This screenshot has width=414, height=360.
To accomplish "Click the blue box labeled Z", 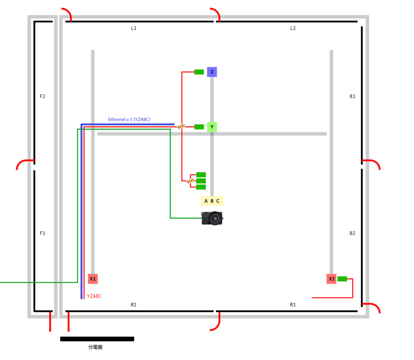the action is coord(212,72).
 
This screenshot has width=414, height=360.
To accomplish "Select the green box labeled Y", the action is coord(212,127).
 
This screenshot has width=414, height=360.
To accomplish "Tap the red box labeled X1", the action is coord(93,279).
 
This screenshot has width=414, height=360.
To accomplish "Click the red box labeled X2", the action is coord(331,279).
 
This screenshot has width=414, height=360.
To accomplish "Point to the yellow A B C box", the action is coord(212,201).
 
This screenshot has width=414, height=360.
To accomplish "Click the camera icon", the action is coord(212,218).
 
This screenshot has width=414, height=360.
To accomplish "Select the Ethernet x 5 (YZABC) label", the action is coord(129,119).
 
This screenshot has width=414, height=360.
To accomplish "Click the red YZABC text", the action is coord(94,296).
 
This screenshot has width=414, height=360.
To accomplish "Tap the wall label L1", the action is coord(134,28).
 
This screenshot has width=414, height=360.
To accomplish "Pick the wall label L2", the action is coord(293,28).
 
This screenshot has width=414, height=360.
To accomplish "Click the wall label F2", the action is coord(43,96).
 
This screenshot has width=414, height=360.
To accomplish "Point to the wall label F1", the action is coord(43,233).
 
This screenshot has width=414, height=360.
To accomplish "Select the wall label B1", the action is coord(352,96).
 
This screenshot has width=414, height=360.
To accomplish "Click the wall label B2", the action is coord(352,233).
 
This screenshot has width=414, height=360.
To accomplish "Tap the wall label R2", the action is coord(134,305).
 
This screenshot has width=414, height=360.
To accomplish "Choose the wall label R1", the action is coord(293,305).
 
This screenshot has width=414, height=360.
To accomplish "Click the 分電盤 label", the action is coord(95,347).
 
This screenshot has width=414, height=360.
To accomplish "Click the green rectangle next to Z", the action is coord(199,72).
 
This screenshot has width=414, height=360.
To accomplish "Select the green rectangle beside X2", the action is coord(342,279).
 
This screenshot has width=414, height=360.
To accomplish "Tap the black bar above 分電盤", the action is coord(97,339).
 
